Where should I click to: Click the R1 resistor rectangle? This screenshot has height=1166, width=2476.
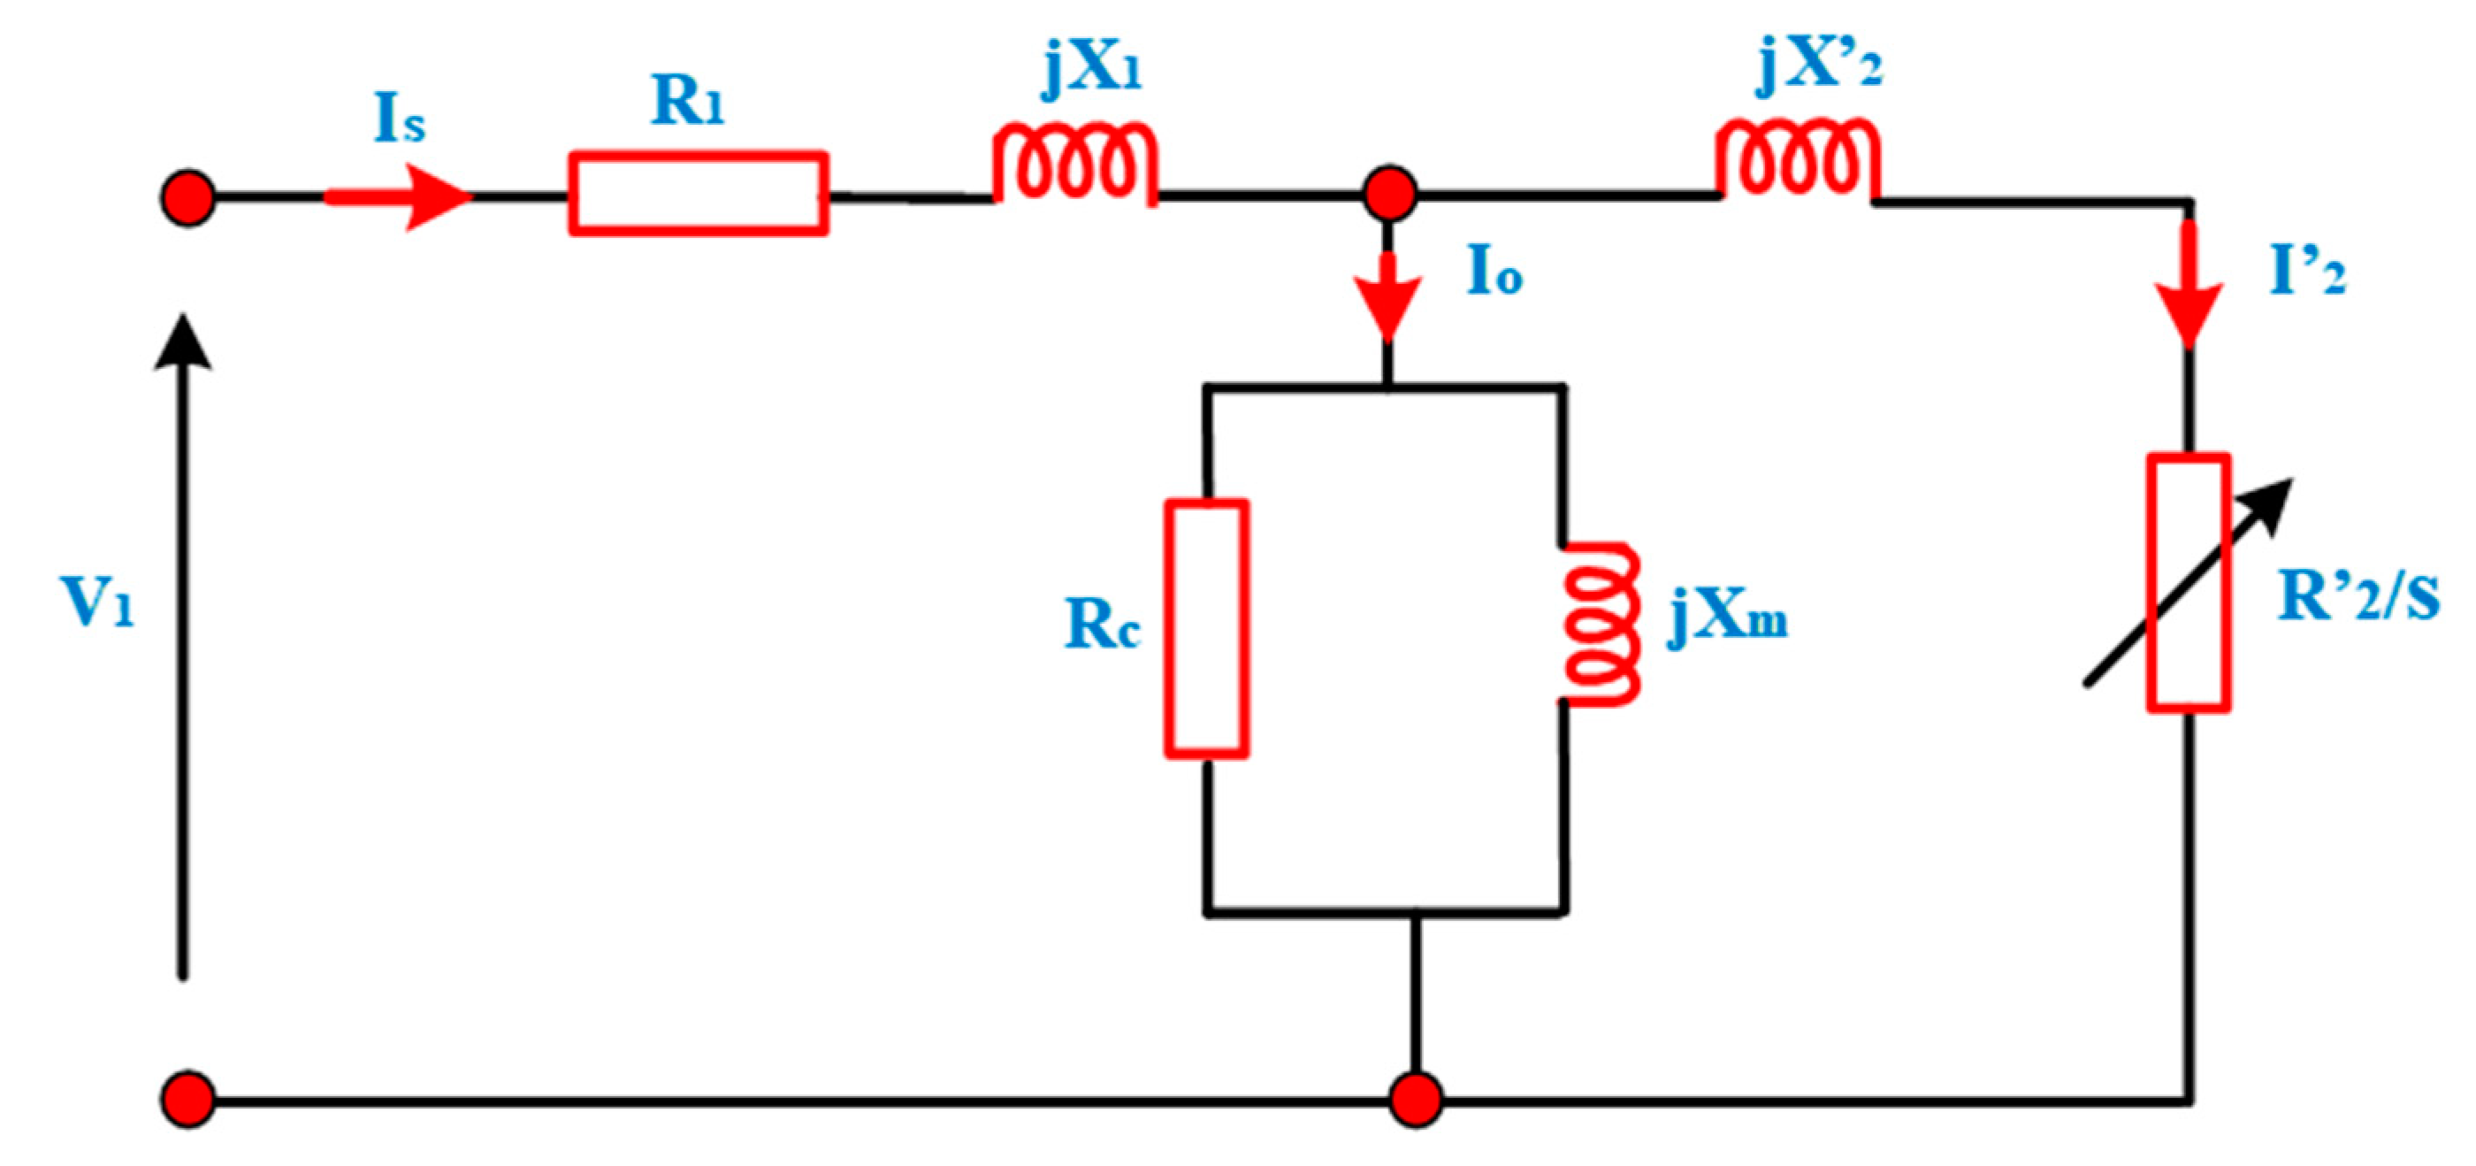coord(698,193)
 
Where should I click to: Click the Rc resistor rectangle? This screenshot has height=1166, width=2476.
coord(1206,629)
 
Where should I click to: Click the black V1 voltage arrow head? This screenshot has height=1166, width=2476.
coord(183,341)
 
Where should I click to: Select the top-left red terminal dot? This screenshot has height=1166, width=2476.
coord(187,198)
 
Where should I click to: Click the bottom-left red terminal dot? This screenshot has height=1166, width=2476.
coord(187,1099)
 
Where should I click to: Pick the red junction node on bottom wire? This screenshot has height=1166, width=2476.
coord(1417,1100)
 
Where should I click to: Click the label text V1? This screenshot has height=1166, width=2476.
coord(97,602)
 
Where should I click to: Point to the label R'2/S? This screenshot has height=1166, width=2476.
coord(2358,598)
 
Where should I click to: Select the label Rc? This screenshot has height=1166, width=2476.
coord(1102,625)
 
